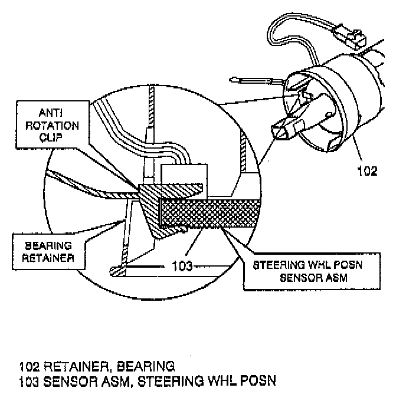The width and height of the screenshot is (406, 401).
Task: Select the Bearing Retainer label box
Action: pyautogui.click(x=47, y=250)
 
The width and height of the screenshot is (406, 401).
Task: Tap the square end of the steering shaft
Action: pyautogui.click(x=281, y=129)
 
